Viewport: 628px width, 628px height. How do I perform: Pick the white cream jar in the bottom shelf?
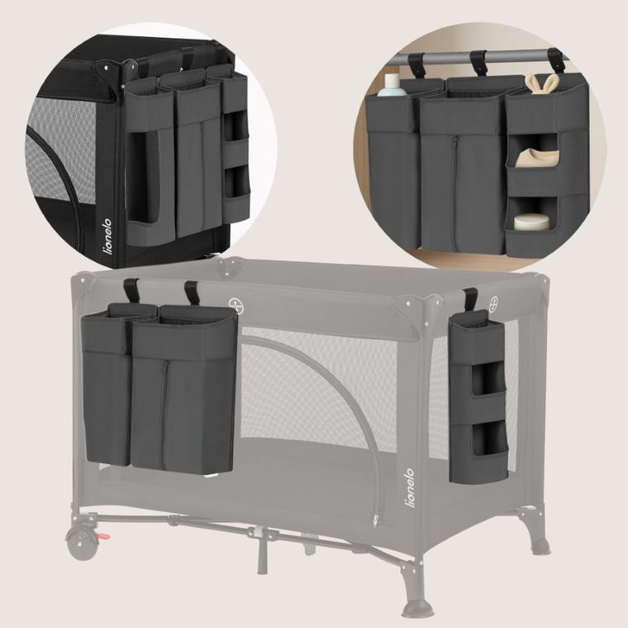coord(530,221)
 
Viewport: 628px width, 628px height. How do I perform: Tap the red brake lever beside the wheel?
coord(106,540)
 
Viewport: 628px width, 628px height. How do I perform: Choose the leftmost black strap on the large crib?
coord(131,291)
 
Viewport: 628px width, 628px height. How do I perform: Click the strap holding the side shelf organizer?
coord(469,299)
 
